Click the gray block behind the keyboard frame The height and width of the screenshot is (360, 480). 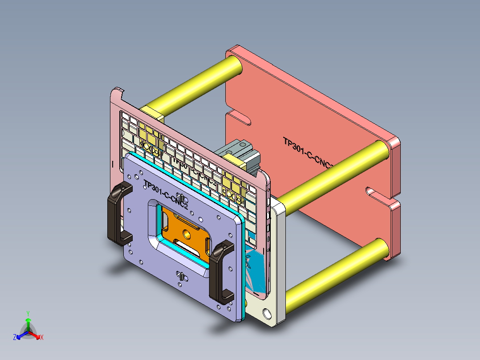click(x=240, y=151)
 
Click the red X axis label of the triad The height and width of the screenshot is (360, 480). click(x=41, y=338)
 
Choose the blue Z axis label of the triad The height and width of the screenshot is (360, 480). click(x=15, y=338)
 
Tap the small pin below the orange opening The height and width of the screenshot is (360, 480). click(x=182, y=275)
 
